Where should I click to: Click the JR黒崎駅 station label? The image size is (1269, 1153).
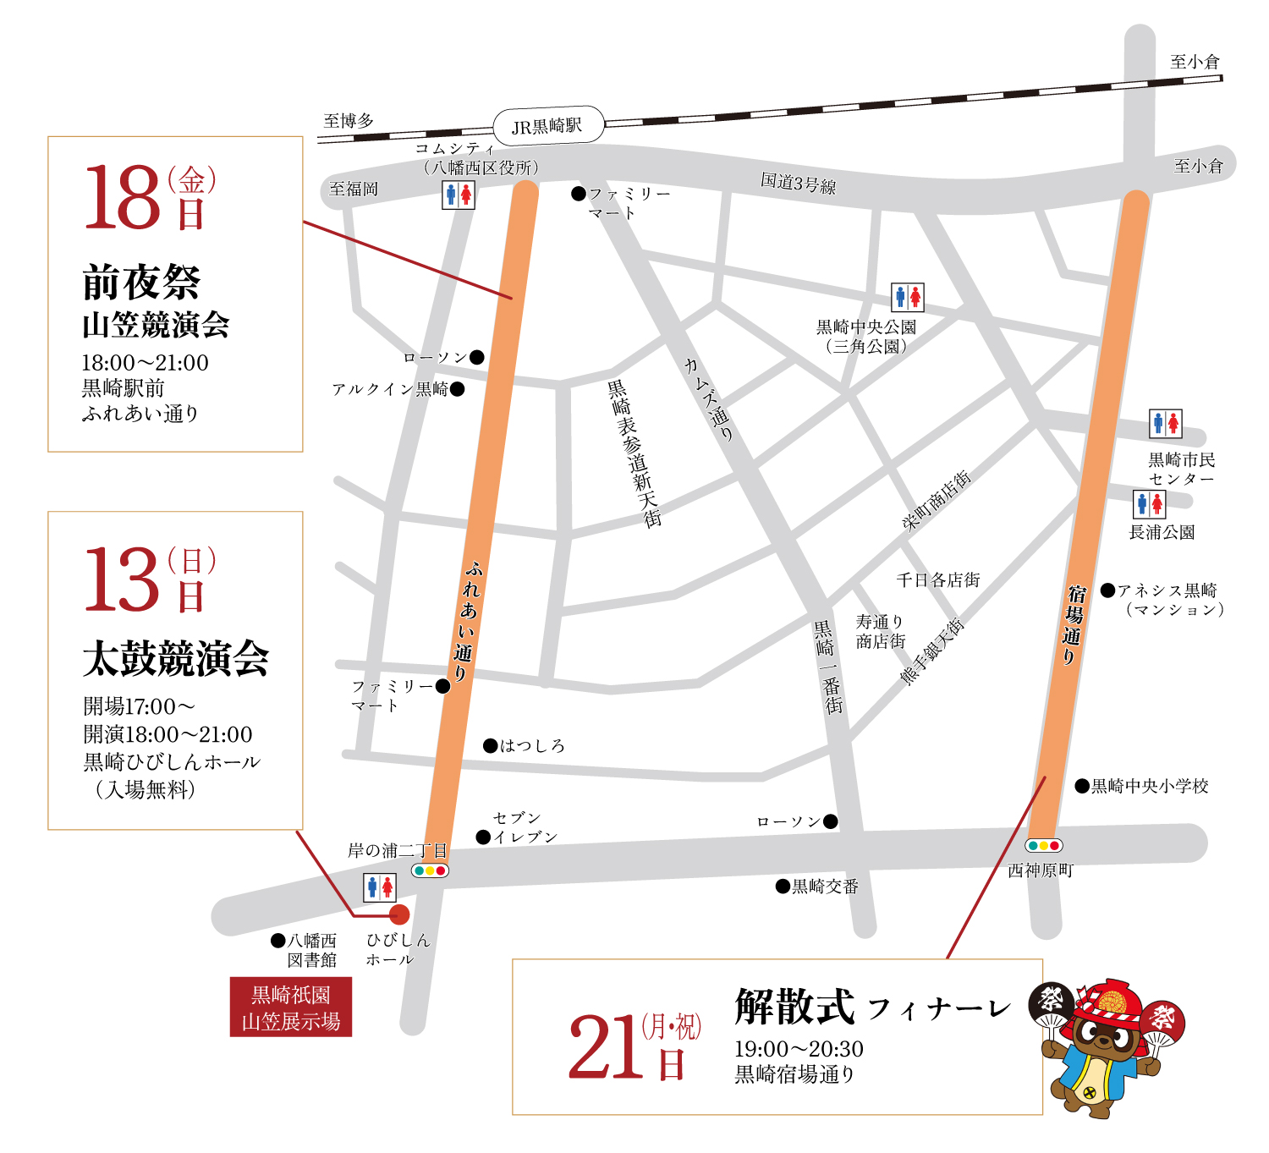pyautogui.click(x=548, y=126)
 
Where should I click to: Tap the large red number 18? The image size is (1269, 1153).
pyautogui.click(x=123, y=197)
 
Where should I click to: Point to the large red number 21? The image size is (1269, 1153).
pyautogui.click(x=605, y=1047)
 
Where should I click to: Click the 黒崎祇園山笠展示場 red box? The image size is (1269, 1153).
pyautogui.click(x=291, y=1008)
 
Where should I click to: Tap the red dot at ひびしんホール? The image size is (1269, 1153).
pyautogui.click(x=399, y=914)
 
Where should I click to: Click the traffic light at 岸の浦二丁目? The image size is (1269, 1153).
pyautogui.click(x=430, y=870)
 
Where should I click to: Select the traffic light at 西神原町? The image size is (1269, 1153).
pyautogui.click(x=1043, y=845)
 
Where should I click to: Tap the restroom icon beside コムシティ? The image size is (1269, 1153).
pyautogui.click(x=459, y=195)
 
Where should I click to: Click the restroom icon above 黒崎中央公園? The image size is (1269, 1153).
pyautogui.click(x=908, y=297)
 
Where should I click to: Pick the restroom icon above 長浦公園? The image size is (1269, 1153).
pyautogui.click(x=1150, y=504)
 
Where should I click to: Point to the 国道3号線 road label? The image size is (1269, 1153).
pyautogui.click(x=798, y=183)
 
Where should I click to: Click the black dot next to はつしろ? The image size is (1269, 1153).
pyautogui.click(x=490, y=745)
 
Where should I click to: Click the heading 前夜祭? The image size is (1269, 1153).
pyautogui.click(x=141, y=283)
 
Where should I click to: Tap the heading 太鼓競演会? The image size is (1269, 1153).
pyautogui.click(x=175, y=658)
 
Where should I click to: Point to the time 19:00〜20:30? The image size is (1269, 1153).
pyautogui.click(x=799, y=1049)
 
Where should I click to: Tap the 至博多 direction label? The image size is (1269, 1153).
pyautogui.click(x=349, y=121)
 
